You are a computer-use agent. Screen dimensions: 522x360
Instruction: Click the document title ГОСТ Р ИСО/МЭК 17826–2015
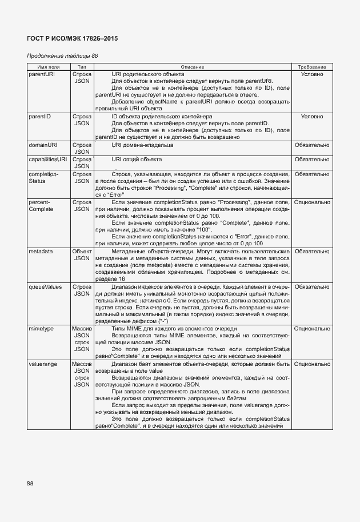pos(72,38)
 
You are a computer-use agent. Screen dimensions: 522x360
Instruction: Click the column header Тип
pos(81,67)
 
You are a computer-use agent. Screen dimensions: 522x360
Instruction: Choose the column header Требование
pos(311,67)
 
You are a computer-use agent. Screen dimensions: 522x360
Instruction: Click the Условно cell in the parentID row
pos(311,117)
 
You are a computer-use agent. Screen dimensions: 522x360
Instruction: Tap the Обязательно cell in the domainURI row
pos(311,145)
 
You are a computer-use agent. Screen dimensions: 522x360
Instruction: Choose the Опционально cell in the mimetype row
pos(311,329)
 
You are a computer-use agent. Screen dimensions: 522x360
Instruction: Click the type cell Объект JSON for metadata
pos(82,254)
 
